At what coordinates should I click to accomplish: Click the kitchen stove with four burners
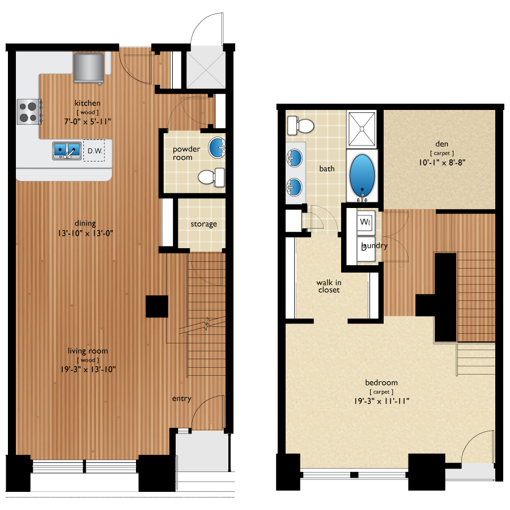pyautogui.click(x=28, y=111)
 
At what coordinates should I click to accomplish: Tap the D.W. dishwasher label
pyautogui.click(x=93, y=151)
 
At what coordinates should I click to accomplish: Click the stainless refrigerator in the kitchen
pyautogui.click(x=89, y=66)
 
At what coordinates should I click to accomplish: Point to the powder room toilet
pyautogui.click(x=211, y=177)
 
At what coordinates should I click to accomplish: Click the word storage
pyautogui.click(x=203, y=224)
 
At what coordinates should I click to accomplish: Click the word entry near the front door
pyautogui.click(x=181, y=399)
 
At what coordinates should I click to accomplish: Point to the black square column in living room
pyautogui.click(x=156, y=307)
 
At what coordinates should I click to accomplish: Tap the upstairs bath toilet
pyautogui.click(x=301, y=125)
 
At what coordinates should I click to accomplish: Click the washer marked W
pyautogui.click(x=365, y=222)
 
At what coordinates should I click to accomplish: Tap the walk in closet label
pyautogui.click(x=328, y=286)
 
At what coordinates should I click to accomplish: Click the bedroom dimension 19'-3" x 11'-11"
pyautogui.click(x=381, y=401)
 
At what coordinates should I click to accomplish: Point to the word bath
pyautogui.click(x=327, y=169)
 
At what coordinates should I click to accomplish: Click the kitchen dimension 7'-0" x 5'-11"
pyautogui.click(x=88, y=121)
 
